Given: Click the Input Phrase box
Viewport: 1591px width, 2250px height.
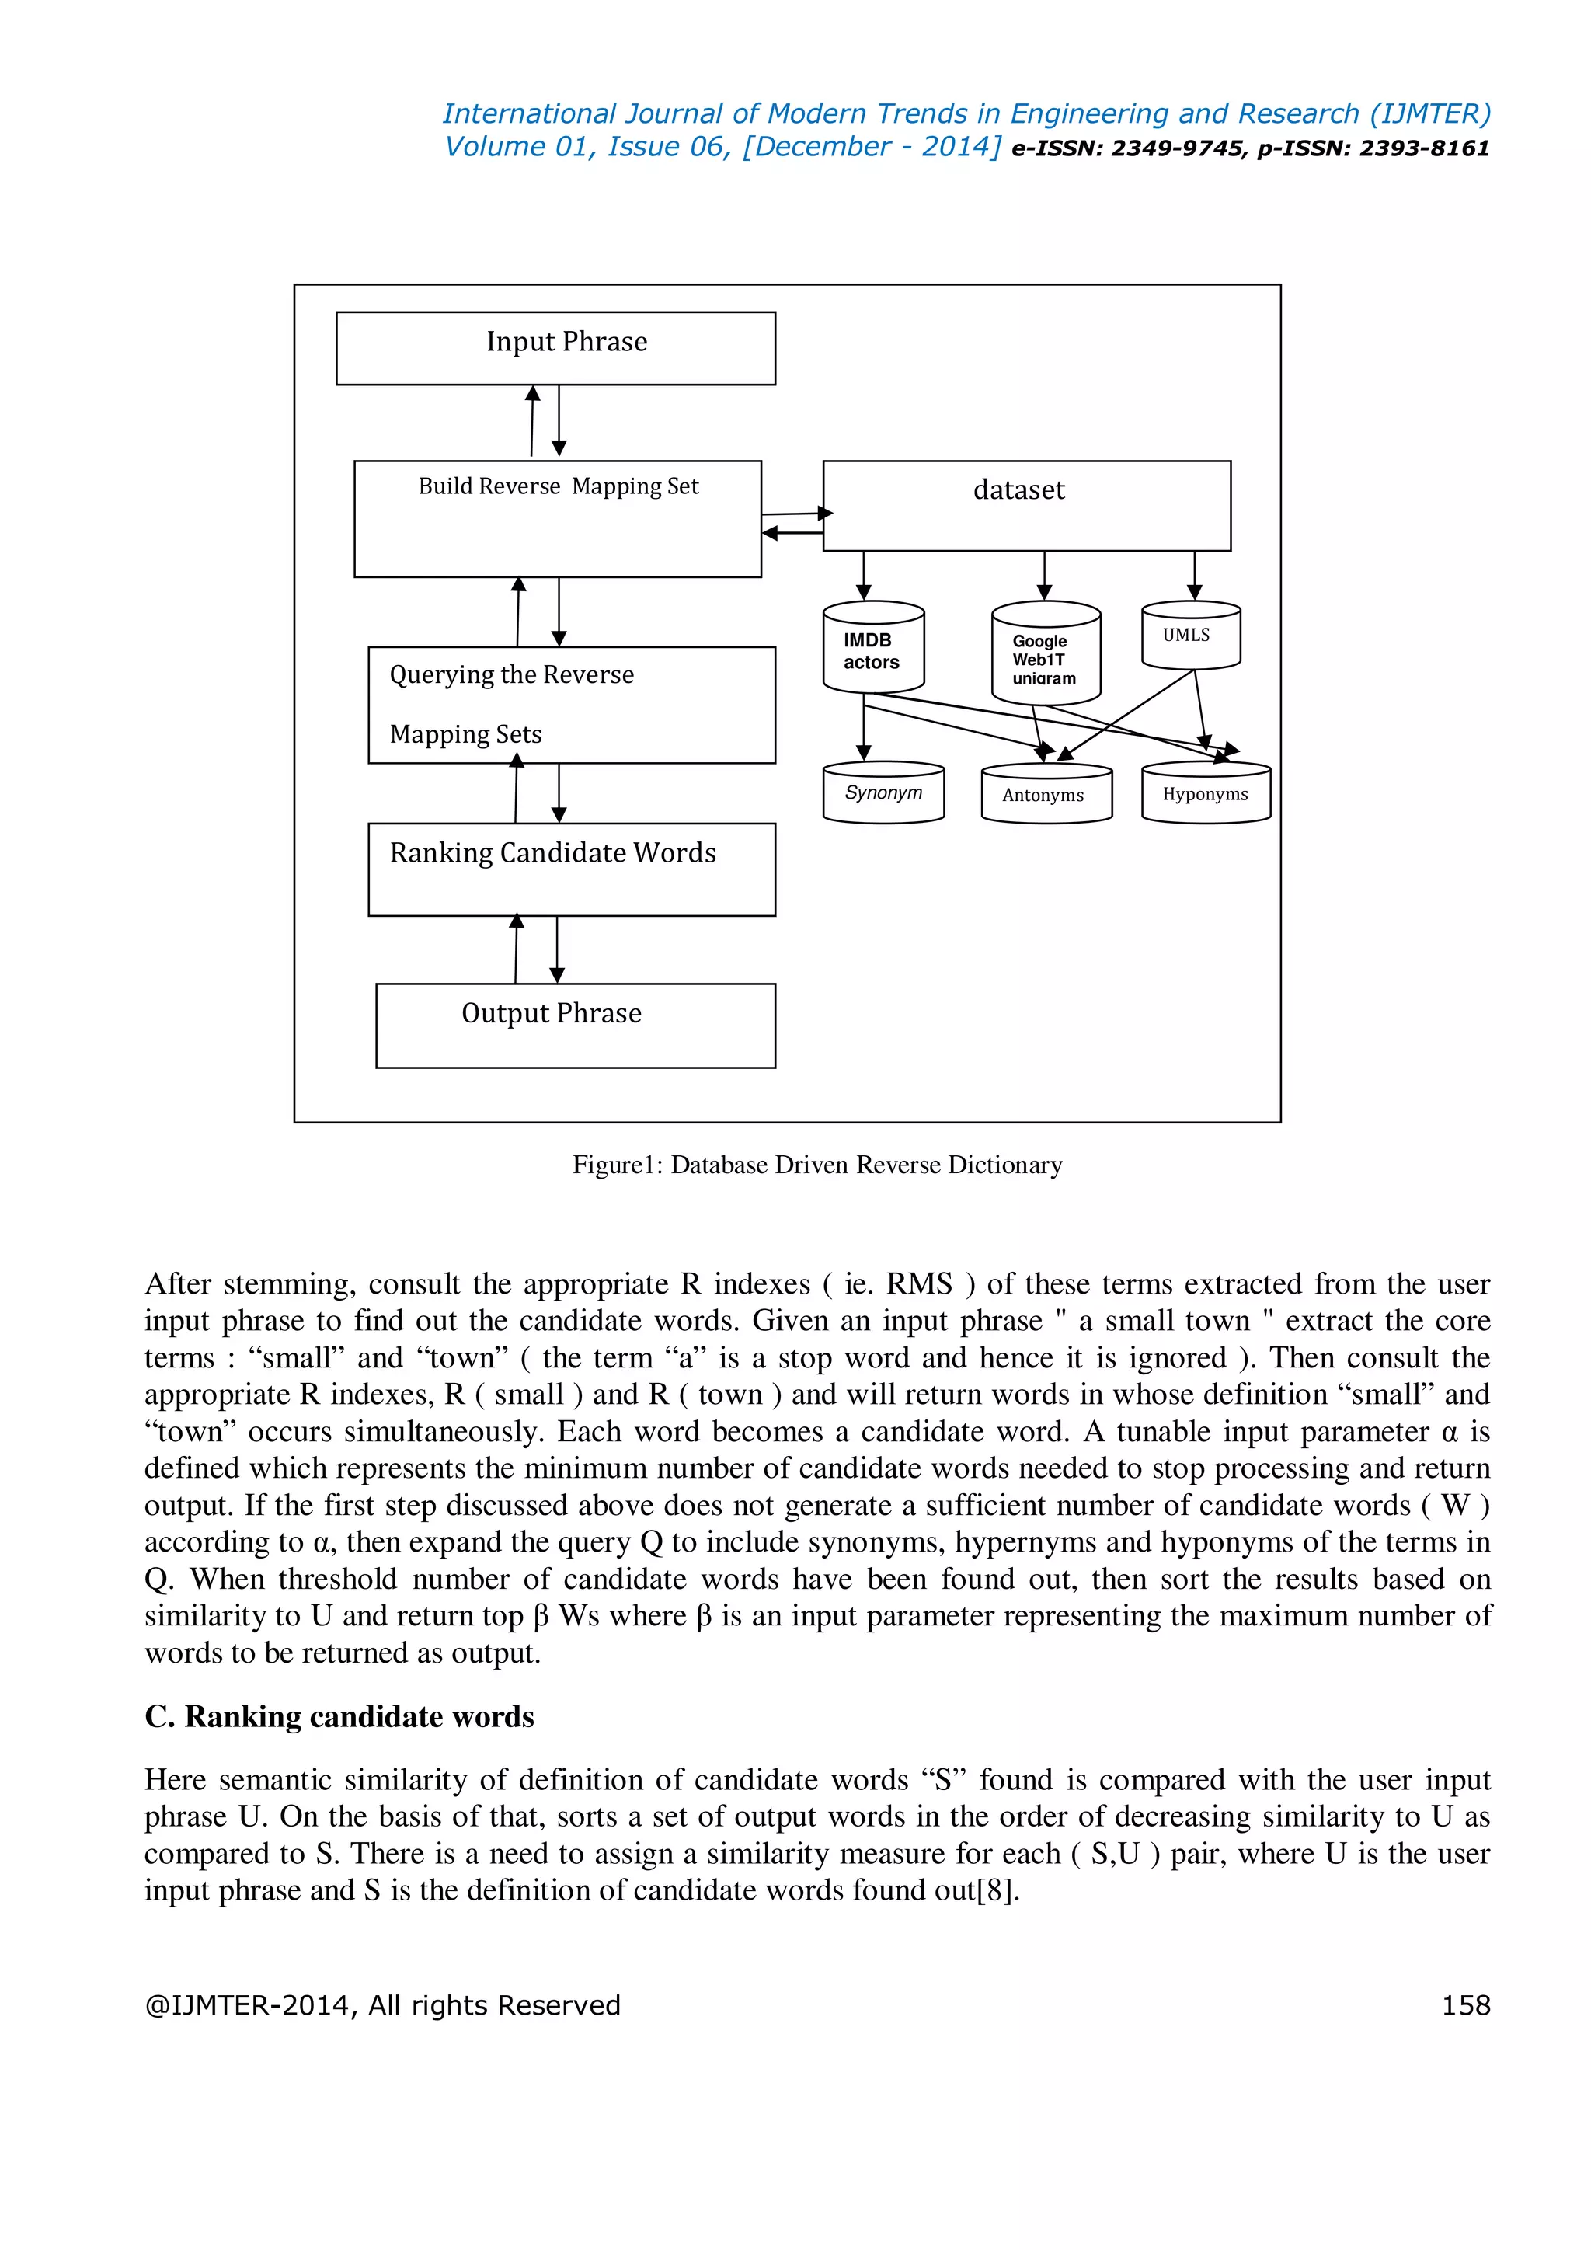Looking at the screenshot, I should (555, 348).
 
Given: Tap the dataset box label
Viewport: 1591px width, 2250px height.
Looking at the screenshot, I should (1019, 490).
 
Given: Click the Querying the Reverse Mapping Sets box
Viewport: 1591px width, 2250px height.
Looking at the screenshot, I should (571, 705).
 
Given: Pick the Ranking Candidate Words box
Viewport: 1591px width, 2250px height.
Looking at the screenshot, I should (571, 869).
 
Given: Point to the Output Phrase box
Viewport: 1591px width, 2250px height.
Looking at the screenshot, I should (575, 1025).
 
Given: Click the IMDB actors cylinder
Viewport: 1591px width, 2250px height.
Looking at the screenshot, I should (873, 649).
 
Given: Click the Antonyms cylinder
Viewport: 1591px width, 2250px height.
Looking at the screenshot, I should (1046, 795).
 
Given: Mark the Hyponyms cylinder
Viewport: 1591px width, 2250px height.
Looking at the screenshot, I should (1205, 794).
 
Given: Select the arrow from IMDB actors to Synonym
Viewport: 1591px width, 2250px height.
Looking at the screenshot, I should (863, 728).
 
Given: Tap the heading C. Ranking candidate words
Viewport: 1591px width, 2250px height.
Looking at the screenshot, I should (339, 1716).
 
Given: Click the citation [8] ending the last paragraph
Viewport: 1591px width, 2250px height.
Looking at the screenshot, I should (997, 1890).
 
